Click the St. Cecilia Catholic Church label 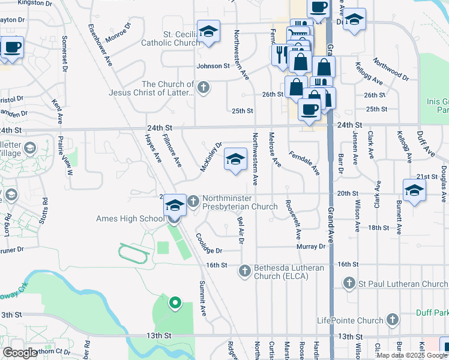[170, 38]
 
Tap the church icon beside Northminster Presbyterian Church [193, 201]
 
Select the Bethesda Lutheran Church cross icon [244, 271]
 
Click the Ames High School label [130, 218]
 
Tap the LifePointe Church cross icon [392, 319]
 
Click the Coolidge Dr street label [208, 243]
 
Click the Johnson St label [213, 66]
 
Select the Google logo [20, 353]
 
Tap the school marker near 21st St [414, 190]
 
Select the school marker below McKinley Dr [235, 159]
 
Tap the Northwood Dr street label [390, 70]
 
